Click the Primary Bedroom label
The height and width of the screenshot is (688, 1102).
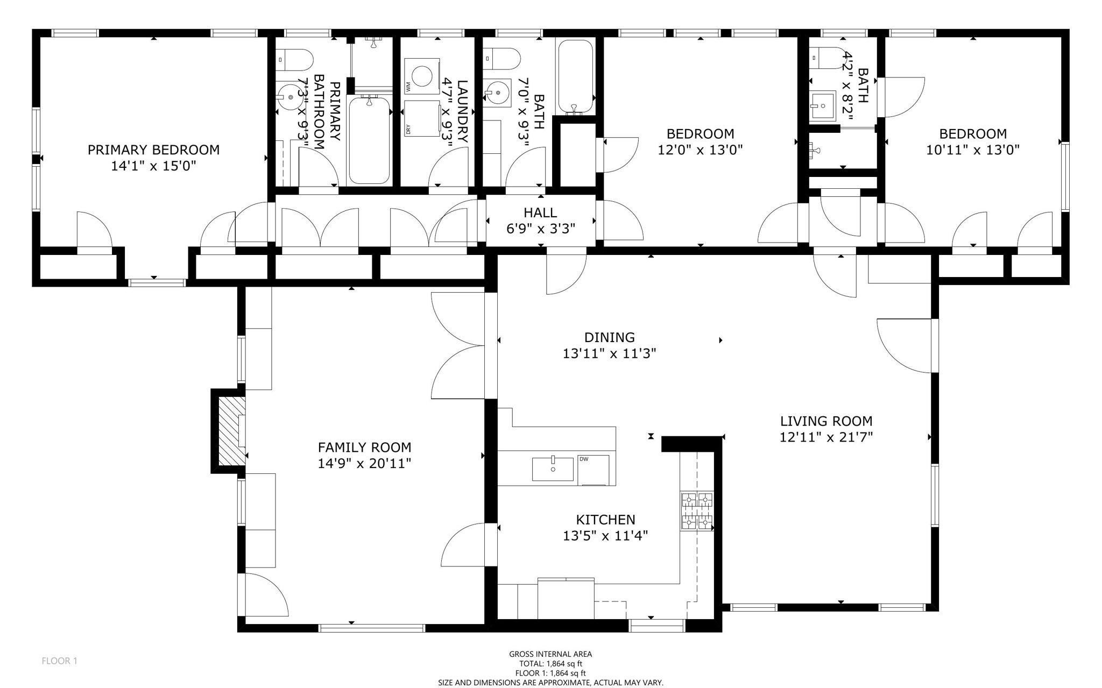click(153, 150)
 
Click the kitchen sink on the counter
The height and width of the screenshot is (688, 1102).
click(553, 469)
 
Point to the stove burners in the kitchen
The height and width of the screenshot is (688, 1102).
click(697, 512)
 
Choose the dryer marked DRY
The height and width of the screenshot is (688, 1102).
click(422, 118)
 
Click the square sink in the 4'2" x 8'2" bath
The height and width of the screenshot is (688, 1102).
click(822, 105)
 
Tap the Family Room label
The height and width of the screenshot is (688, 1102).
click(364, 448)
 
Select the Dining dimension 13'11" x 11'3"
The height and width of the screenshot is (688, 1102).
click(609, 354)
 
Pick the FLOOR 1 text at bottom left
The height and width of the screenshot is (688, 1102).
click(59, 661)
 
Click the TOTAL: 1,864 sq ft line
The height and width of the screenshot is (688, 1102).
click(550, 664)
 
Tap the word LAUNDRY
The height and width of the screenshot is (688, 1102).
click(463, 111)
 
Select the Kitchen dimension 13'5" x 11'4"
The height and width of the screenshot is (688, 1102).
click(605, 536)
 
